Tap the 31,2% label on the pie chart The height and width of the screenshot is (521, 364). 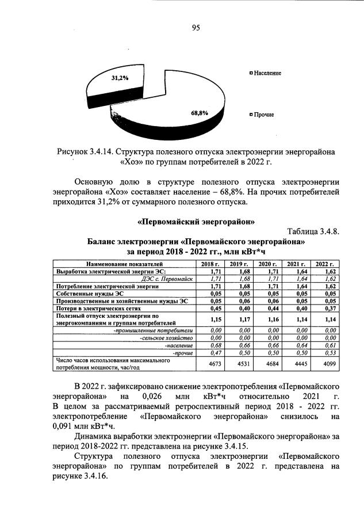coord(120,78)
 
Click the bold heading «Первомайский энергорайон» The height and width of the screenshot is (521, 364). coord(196,222)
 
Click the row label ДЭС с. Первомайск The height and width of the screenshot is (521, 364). coord(163,278)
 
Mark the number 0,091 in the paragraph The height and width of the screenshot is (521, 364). coord(57,427)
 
